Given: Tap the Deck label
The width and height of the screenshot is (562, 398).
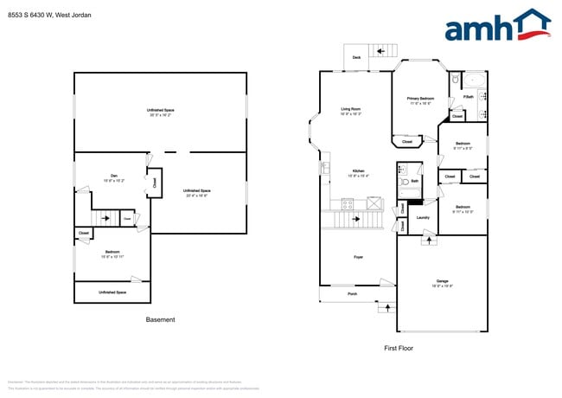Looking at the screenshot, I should point(356,58).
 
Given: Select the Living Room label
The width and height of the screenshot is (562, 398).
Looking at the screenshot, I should point(351,109).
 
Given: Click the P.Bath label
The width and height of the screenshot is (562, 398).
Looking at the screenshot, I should point(468,97).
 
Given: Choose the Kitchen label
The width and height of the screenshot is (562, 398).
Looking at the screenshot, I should point(358,171).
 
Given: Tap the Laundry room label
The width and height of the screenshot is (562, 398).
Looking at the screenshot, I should point(423,217).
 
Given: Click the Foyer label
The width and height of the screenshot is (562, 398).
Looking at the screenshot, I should point(358,257).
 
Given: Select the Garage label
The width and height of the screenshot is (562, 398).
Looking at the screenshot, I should point(442,281).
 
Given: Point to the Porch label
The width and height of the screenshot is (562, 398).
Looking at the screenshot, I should point(353,294).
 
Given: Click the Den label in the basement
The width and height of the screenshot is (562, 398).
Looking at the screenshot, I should point(113,176).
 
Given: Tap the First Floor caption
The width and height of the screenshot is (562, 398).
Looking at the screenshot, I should point(398,348).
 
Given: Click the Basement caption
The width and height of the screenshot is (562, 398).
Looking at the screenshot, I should point(160,319).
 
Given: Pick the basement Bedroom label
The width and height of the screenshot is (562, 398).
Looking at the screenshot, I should point(113,251).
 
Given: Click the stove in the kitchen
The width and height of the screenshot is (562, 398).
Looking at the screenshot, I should point(348,205).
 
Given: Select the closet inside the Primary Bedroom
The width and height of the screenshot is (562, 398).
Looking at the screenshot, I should point(407,141).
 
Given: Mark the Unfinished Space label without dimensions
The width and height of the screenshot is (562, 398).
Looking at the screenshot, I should point(112,292).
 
